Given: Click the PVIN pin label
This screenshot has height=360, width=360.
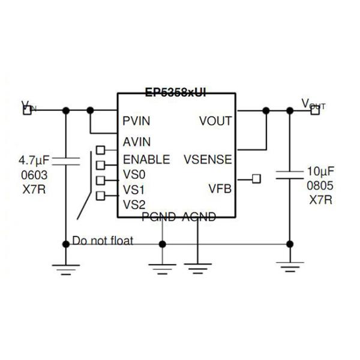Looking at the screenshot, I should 136,121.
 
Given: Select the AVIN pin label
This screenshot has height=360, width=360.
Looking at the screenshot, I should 136,142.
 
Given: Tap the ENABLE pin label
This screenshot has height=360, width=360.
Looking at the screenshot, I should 146,160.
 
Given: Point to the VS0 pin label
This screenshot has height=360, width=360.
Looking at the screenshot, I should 134,175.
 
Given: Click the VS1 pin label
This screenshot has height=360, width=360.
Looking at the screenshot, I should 134,190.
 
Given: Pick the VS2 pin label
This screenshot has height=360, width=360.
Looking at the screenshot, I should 134,205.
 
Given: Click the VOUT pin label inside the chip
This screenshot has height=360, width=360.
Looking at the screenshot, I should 215,121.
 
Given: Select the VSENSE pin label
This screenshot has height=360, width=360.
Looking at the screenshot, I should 208,160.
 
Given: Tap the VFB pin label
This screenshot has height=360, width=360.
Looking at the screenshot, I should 220,189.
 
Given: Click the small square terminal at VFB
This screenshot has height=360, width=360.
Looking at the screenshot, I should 256,179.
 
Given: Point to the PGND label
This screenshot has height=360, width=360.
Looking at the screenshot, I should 159,217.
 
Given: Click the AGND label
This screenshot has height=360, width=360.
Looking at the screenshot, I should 199,217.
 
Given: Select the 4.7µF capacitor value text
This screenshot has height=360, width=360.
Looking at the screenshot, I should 34,161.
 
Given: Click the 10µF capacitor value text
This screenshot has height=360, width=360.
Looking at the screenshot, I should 320,170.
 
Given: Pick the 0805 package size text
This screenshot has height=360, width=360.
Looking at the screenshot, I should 320,185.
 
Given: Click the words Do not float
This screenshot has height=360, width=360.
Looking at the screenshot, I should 103,241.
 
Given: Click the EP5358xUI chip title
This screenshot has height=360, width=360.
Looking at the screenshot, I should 175,93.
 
